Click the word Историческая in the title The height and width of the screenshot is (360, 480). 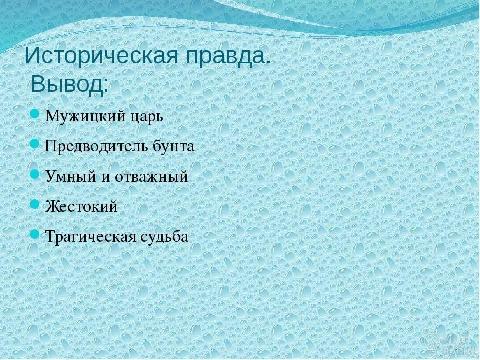(101, 55)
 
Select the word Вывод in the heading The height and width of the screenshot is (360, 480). (67, 84)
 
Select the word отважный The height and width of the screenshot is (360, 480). (151, 176)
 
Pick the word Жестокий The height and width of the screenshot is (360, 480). (81, 206)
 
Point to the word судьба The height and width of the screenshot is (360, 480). (165, 236)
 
